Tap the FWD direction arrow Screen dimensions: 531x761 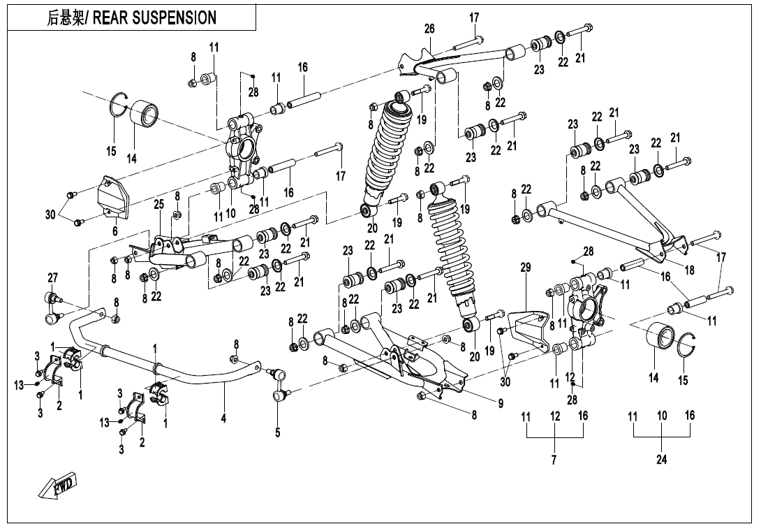(59, 485)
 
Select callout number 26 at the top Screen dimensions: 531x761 (429, 29)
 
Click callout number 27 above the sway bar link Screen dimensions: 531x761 (52, 277)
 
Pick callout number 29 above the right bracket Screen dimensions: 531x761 (525, 267)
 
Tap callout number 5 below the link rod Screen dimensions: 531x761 (277, 432)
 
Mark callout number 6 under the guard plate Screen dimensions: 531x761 (115, 231)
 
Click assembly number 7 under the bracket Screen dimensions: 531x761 (554, 460)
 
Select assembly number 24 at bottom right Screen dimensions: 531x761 (662, 460)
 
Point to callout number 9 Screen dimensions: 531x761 (500, 402)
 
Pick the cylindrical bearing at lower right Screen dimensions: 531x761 (659, 340)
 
